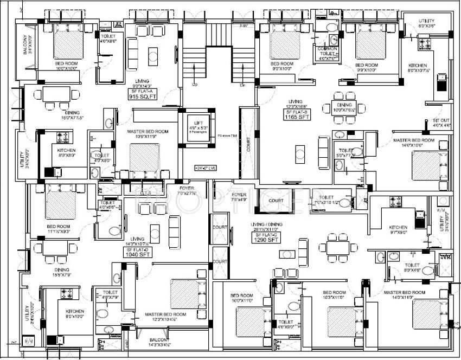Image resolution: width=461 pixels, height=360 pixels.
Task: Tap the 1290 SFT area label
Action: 265,239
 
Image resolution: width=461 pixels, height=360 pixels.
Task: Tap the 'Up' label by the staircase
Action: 194,85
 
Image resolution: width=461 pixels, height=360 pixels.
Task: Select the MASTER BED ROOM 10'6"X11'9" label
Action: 147,134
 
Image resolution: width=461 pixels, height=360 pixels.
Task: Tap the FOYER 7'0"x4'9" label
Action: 239,196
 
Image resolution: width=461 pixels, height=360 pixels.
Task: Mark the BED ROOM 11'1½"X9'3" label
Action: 59,229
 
